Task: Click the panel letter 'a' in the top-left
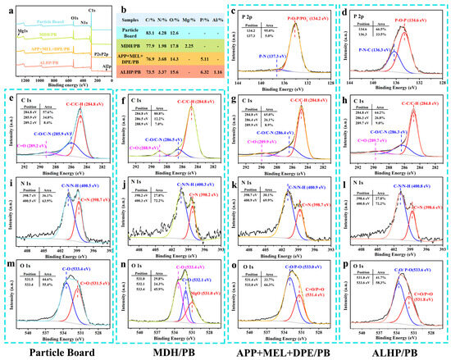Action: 7,7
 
